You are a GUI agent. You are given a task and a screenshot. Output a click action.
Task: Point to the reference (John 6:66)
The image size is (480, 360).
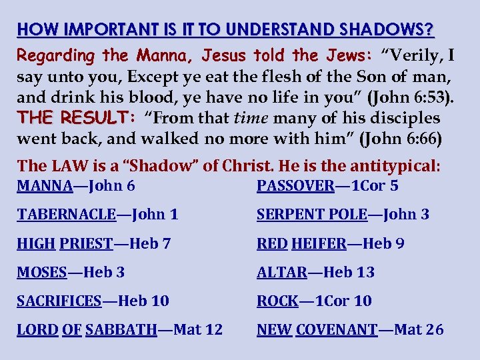click(x=400, y=139)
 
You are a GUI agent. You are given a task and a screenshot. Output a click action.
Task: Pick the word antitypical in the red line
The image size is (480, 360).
click(x=399, y=165)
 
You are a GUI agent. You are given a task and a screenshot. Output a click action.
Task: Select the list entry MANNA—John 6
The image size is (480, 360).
click(x=76, y=185)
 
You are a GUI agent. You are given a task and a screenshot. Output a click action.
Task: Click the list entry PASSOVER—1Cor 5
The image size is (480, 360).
click(x=327, y=185)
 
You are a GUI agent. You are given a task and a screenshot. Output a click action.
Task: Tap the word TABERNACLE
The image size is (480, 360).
click(x=66, y=215)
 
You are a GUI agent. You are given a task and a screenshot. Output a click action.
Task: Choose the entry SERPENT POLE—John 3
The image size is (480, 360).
click(x=343, y=215)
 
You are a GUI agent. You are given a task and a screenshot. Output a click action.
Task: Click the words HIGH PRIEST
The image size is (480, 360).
click(x=65, y=244)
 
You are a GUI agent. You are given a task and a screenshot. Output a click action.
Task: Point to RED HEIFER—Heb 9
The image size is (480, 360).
click(x=331, y=244)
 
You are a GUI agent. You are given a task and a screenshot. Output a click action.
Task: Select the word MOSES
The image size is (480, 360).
click(x=41, y=273)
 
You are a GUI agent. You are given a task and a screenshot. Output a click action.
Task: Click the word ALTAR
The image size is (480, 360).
click(x=282, y=273)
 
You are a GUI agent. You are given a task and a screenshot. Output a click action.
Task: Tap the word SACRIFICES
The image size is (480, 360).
click(x=59, y=301)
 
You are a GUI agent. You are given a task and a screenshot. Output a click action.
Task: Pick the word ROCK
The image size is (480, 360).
click(x=277, y=301)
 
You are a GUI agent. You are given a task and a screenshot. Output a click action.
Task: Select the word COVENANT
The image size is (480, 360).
click(x=337, y=330)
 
